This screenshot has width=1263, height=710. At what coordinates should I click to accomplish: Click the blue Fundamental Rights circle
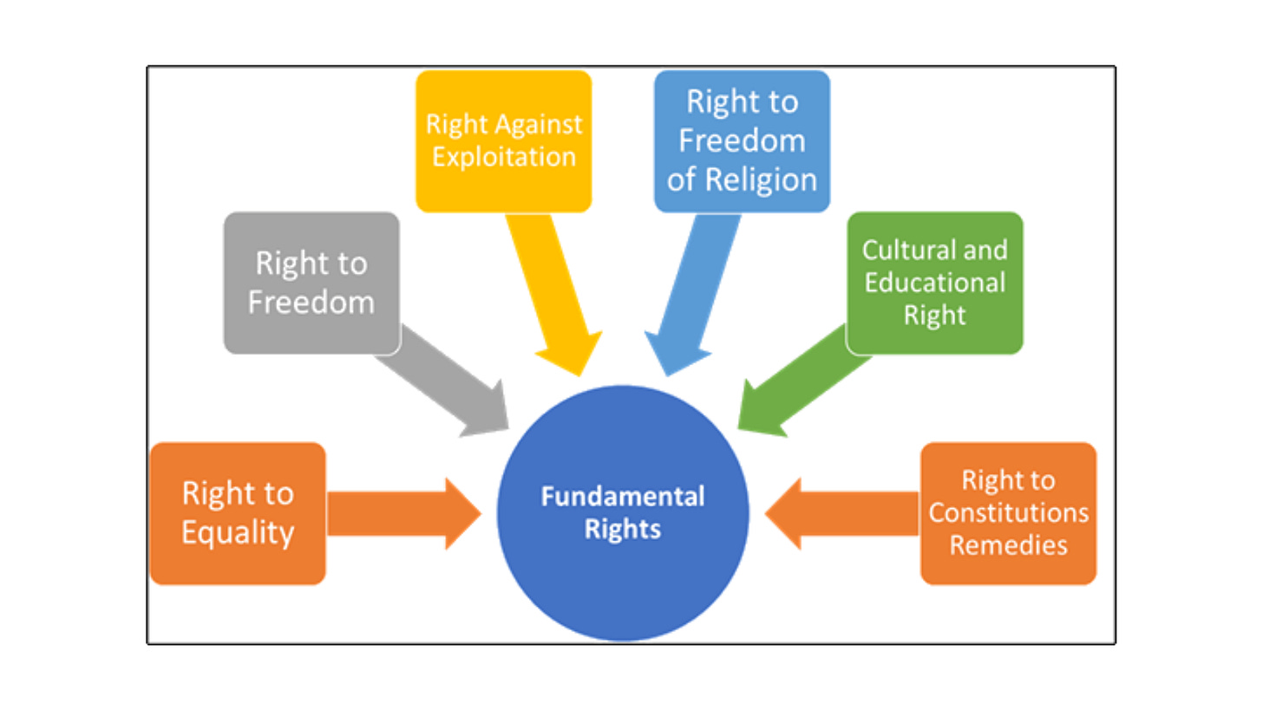pos(622,555)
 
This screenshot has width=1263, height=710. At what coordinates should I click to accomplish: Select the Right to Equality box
pos(238,513)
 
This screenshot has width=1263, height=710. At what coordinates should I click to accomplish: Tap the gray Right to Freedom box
pos(311,283)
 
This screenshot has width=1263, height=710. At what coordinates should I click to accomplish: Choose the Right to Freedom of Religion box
pos(742,140)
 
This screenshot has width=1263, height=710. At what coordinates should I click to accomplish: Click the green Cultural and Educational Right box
pos(934,283)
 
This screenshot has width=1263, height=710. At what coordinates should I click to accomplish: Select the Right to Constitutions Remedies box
pos(1008,513)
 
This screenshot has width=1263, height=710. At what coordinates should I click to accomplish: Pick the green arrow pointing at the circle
pos(798,385)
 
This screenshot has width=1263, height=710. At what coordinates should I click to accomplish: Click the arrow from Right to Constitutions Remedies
pos(841,513)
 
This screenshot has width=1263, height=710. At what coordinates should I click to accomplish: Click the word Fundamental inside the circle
pos(622,498)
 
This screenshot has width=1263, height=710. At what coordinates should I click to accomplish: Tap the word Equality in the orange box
pos(238,532)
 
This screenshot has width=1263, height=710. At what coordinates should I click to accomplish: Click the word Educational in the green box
pos(934,283)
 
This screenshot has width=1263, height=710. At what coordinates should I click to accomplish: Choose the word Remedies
pos(1008,545)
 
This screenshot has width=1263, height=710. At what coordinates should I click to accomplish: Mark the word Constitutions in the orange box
pos(1008,512)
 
